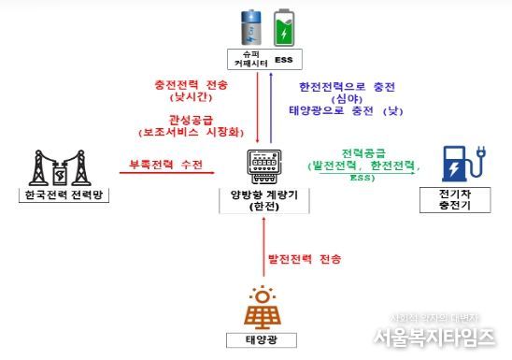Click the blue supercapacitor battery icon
[x=251, y=28]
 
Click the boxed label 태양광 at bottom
[x=264, y=338]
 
